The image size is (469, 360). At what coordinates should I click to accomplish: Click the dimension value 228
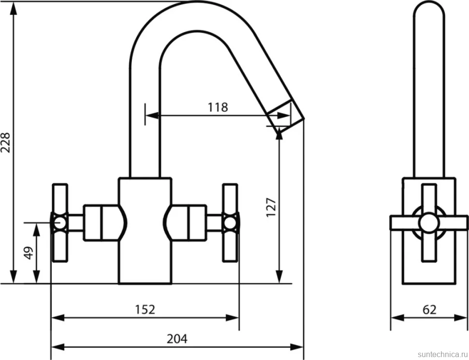6,142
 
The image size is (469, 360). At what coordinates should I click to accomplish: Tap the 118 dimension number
218,107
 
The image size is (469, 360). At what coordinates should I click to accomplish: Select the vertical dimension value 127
271,207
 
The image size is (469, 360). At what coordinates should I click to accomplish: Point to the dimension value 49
29,253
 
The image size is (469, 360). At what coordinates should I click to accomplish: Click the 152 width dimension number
145,309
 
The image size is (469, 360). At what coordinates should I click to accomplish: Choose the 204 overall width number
177,339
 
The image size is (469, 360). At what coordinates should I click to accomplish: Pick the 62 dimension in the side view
429,309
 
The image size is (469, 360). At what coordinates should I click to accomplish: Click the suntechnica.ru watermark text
442,354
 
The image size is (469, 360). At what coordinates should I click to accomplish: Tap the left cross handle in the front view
60,223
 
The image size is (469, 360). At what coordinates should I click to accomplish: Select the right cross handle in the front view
230,223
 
